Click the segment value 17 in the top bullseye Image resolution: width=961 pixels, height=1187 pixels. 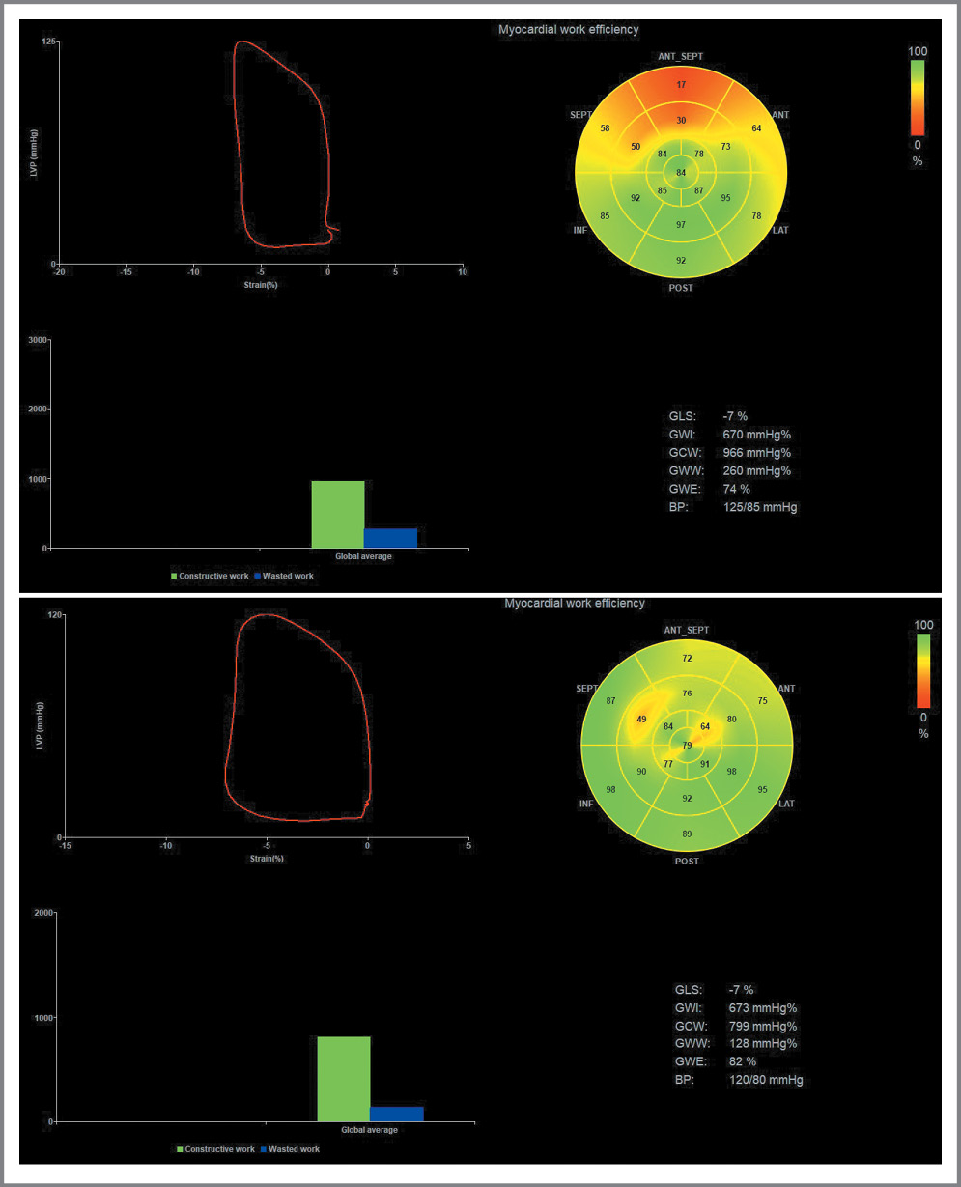point(681,85)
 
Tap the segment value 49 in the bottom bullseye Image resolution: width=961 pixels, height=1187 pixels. point(641,720)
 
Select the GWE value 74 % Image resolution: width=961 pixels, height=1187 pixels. point(736,489)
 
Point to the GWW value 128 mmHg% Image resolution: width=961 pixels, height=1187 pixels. point(763,1044)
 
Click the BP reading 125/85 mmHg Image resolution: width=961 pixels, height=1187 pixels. point(760,507)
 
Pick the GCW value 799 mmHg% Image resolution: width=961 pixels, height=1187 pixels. point(763,1026)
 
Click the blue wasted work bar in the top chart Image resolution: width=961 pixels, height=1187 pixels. point(390,538)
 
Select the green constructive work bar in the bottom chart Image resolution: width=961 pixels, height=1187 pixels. point(344,1079)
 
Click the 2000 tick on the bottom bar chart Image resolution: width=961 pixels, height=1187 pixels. point(43,913)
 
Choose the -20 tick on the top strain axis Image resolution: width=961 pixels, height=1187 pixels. point(59,273)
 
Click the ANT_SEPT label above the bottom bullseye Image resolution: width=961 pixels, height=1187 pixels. point(687,630)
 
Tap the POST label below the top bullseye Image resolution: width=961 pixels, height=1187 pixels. point(681,287)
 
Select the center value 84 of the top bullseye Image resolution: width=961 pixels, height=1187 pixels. point(681,173)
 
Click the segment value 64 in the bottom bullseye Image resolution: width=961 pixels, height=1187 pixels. point(705,726)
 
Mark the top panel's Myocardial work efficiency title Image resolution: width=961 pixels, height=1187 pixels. point(568,29)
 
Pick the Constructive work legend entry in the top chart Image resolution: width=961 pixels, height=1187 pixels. point(210,576)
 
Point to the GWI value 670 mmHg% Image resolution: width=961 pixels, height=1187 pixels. point(756,435)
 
